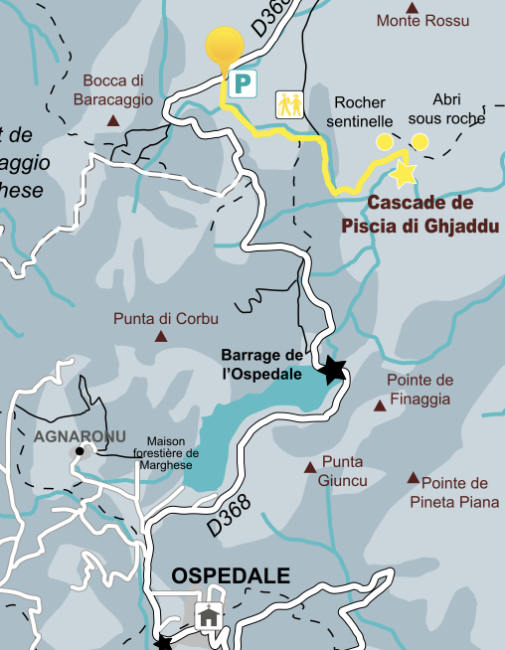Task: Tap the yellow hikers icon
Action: [x=289, y=103]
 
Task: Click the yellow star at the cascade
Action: [x=403, y=175]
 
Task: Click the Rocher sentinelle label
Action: [x=364, y=111]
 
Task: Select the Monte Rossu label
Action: [x=422, y=21]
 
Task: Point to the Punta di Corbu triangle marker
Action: [x=160, y=337]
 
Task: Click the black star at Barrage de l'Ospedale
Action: [x=332, y=371]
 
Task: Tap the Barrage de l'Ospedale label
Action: [x=261, y=365]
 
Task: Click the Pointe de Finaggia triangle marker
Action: [x=379, y=406]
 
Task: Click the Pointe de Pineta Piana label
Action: [x=453, y=492]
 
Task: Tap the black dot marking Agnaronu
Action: [x=78, y=452]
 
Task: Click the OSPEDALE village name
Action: [x=231, y=575]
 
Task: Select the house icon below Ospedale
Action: [x=209, y=616]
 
